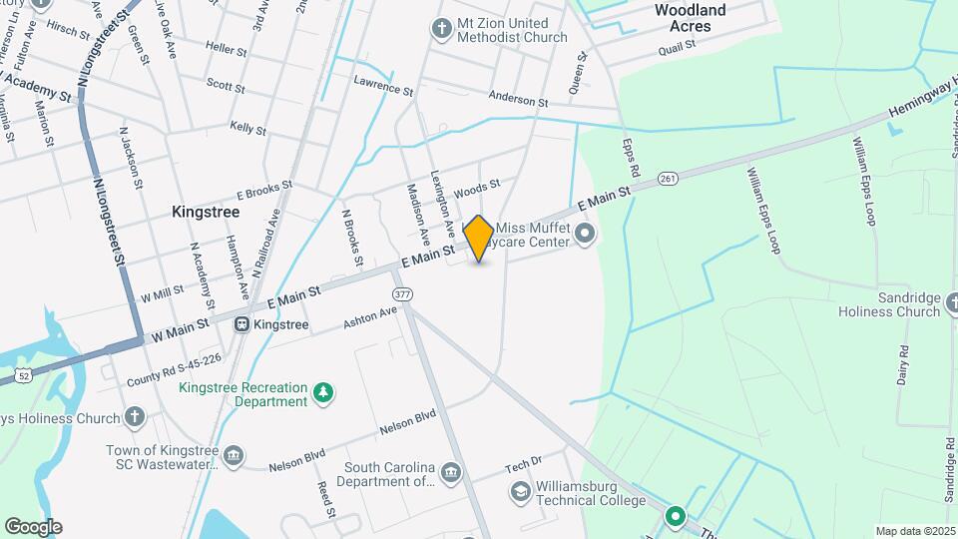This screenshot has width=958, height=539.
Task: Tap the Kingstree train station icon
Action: tap(241, 324)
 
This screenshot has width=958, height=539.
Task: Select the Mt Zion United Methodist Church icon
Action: tap(441, 28)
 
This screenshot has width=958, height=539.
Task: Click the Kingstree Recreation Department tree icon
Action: tap(322, 392)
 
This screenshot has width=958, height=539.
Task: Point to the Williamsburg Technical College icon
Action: tap(519, 491)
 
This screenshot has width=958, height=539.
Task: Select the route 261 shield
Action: tap(669, 179)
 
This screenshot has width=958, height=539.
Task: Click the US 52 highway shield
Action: tap(24, 374)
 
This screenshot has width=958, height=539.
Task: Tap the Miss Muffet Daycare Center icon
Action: tap(585, 237)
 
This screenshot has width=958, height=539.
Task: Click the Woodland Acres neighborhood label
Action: tap(690, 18)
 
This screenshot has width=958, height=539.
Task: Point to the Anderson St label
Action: tap(518, 101)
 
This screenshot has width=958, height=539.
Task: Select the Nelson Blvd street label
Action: tap(407, 422)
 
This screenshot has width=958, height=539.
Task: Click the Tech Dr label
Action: tap(522, 462)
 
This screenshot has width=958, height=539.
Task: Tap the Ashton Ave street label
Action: tap(370, 317)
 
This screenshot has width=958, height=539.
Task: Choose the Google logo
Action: tap(32, 526)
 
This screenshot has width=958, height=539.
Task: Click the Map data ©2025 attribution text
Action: tap(915, 531)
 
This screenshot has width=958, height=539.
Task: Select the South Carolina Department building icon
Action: tap(450, 471)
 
